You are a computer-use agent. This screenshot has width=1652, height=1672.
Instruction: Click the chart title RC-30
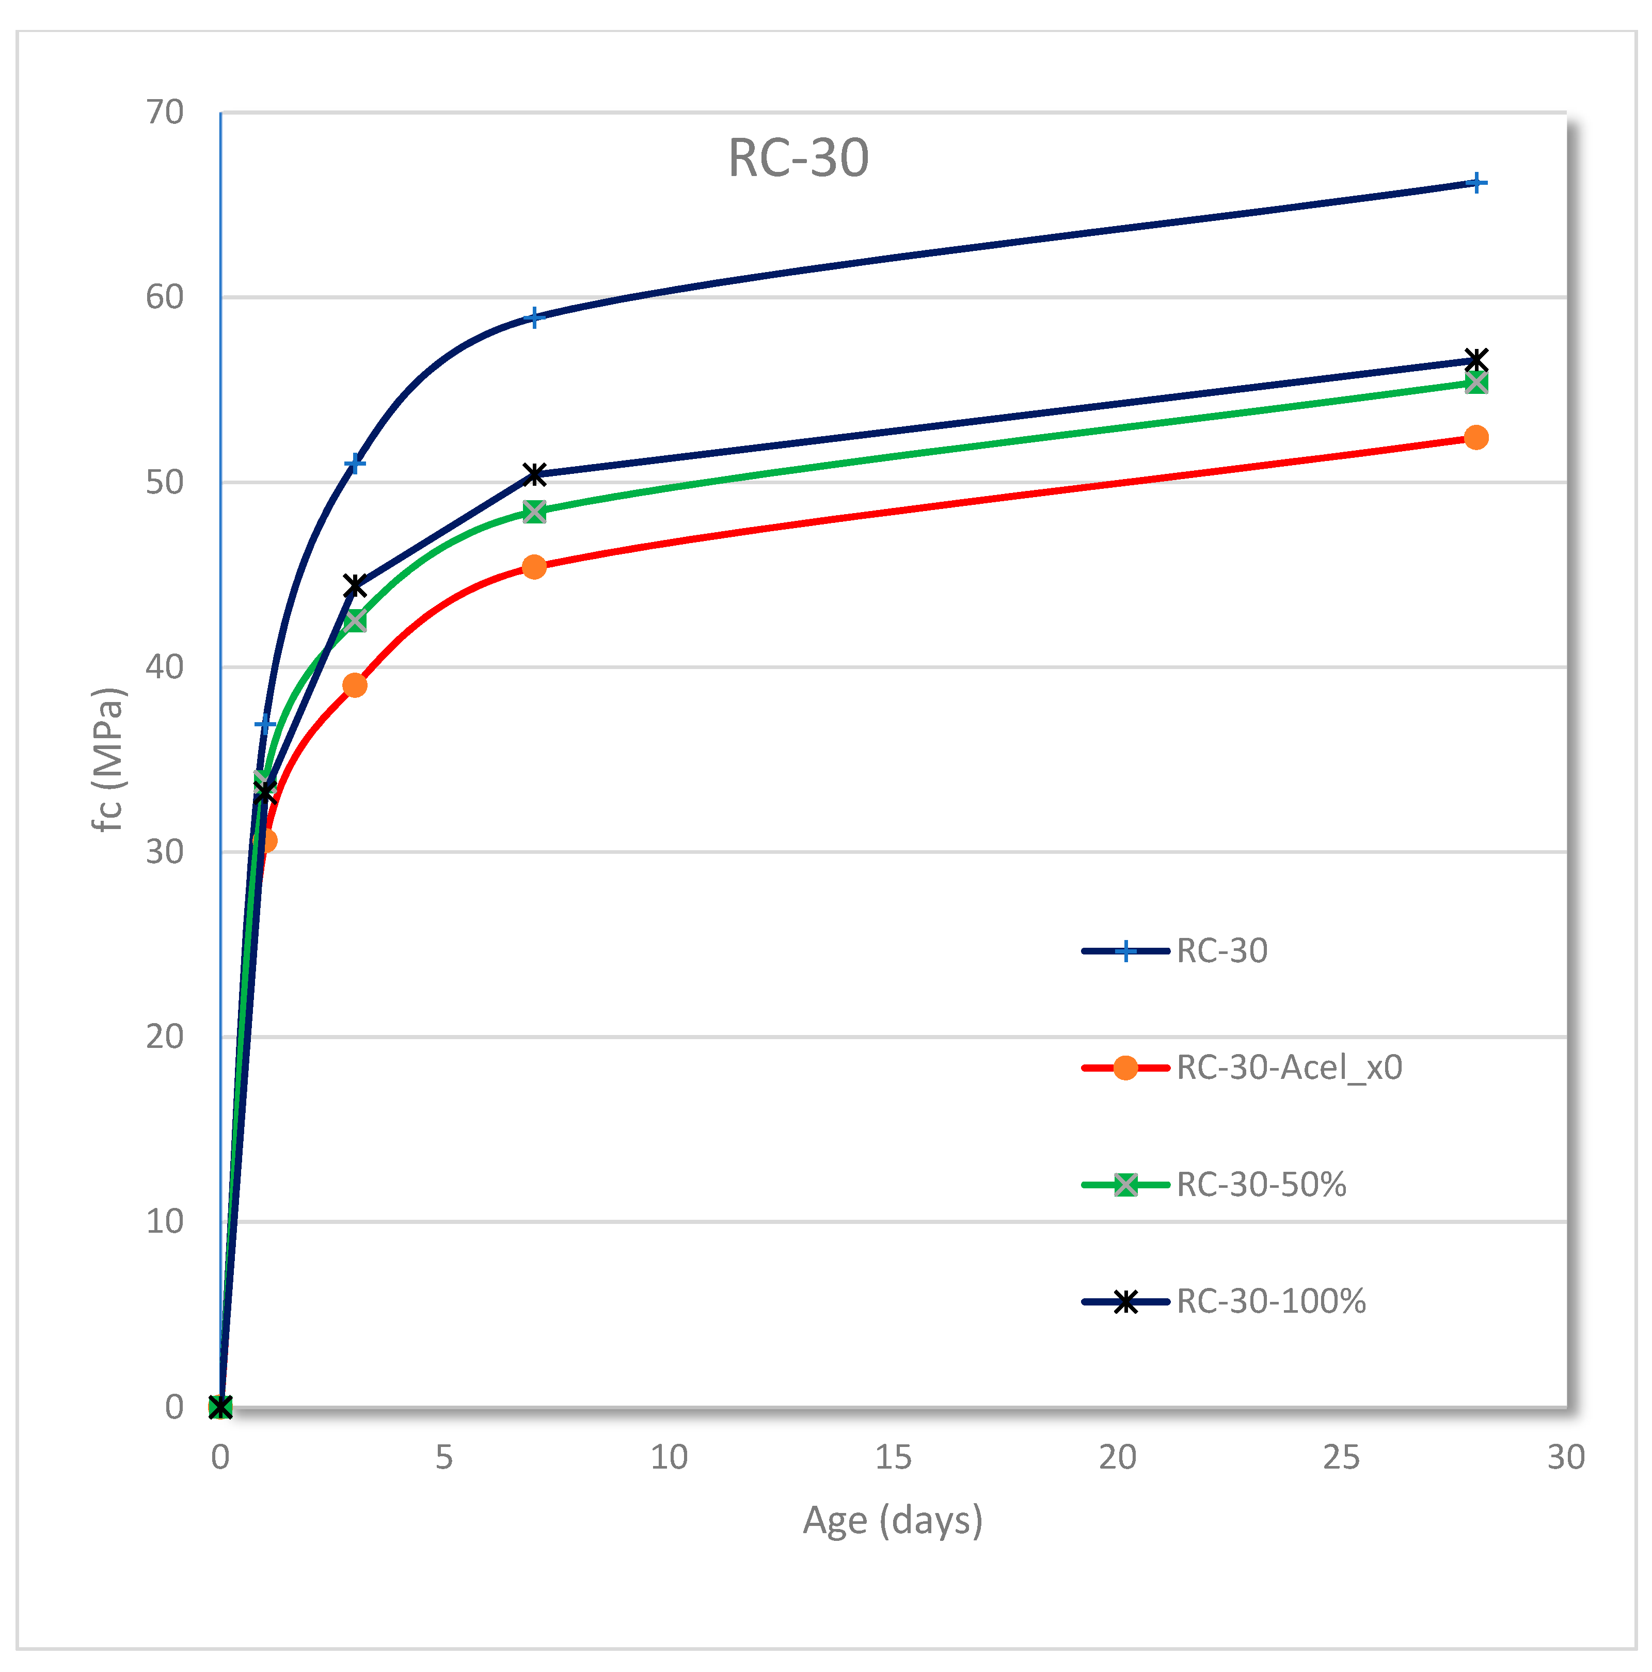(x=798, y=158)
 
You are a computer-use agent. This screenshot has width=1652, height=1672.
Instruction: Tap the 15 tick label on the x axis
(x=893, y=1457)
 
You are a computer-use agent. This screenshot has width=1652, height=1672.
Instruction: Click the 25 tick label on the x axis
(x=1341, y=1457)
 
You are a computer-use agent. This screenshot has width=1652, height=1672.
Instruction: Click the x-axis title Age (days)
(x=893, y=1521)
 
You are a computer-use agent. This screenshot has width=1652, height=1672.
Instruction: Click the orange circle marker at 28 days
(x=1476, y=438)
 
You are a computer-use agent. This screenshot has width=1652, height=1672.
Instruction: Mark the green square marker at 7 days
(x=535, y=512)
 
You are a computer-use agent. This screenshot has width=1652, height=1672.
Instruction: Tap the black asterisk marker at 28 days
(x=1476, y=360)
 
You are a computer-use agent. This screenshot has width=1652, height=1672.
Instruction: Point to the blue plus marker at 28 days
(x=1477, y=183)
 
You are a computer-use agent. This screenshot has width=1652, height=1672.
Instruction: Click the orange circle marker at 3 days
(x=355, y=686)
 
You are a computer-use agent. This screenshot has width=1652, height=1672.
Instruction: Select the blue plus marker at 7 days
(x=535, y=317)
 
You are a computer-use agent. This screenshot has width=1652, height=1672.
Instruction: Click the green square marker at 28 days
(x=1476, y=383)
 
